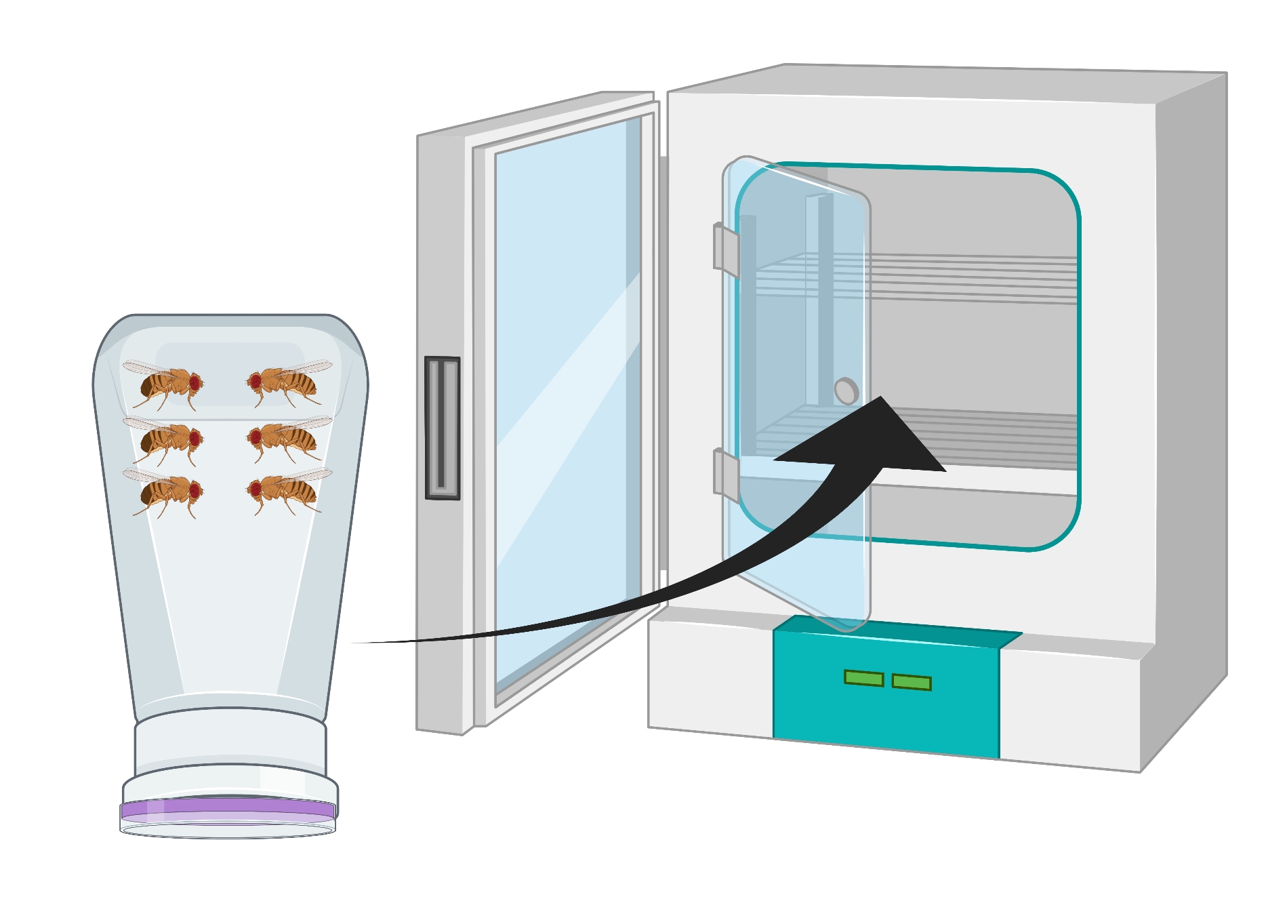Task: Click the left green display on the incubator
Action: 863,678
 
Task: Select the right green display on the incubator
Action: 911,682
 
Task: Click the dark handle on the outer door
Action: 442,428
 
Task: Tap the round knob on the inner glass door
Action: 846,391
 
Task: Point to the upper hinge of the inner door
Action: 725,248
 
